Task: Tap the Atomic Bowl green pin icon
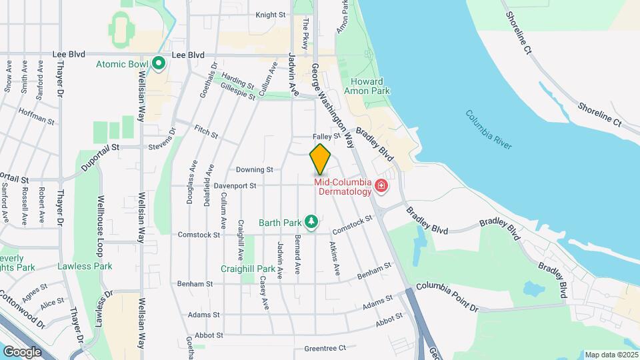tap(159, 64)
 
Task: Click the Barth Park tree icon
tap(311, 221)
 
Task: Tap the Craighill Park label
tap(248, 269)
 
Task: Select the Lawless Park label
tap(85, 266)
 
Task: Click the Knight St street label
tap(271, 14)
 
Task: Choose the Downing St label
tap(255, 170)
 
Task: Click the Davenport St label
tap(235, 186)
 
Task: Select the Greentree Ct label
tap(325, 348)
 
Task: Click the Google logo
tap(22, 351)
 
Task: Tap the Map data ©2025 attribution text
tap(610, 355)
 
